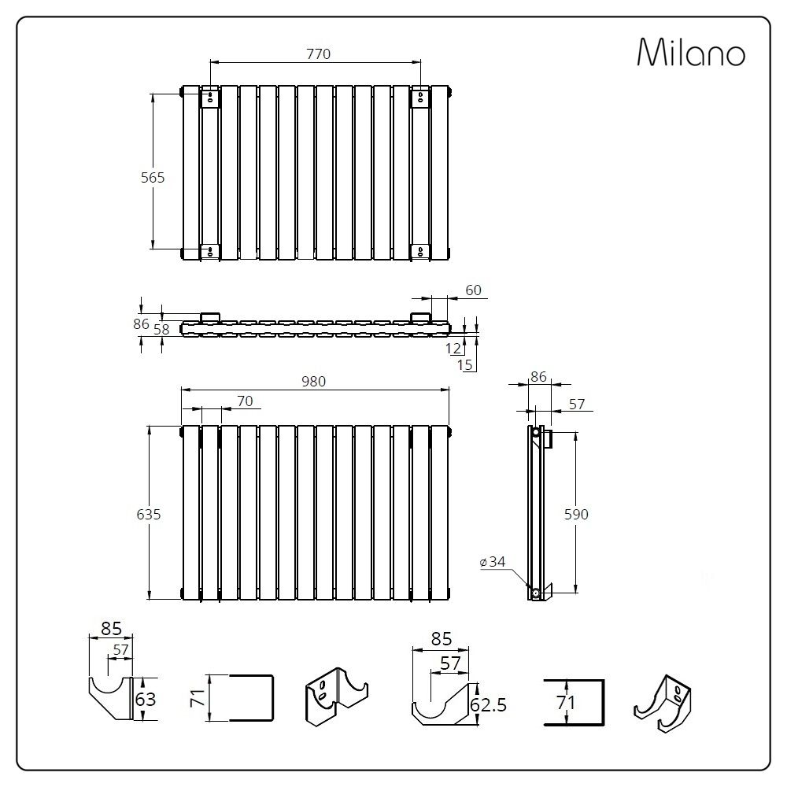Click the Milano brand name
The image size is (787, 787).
[690, 53]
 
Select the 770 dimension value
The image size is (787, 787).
[318, 54]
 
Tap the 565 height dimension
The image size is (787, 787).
[153, 178]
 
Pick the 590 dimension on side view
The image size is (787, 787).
[577, 515]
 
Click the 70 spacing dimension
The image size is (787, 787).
[245, 401]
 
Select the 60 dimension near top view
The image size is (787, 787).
[473, 290]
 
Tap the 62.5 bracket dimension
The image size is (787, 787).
[488, 704]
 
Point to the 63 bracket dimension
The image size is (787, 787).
[146, 699]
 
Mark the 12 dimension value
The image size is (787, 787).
[453, 347]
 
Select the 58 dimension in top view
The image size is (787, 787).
[161, 330]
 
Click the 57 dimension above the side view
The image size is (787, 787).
[576, 404]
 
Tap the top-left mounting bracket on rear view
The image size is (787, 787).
[210, 98]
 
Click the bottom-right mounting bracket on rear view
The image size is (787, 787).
[420, 252]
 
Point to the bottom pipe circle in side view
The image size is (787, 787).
[535, 592]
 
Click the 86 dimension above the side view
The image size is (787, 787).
[538, 377]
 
